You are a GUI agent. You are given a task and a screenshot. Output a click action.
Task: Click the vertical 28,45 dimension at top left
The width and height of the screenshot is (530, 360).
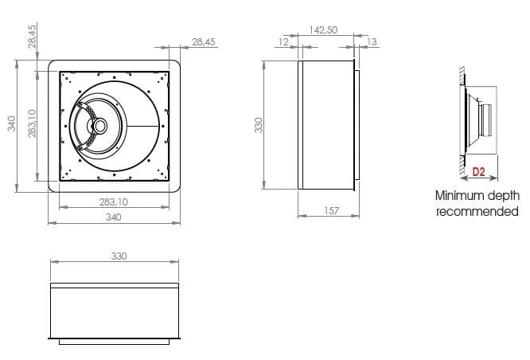[x=32, y=37]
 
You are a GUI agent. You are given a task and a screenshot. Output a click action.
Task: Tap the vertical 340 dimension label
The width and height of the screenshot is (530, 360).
[x=11, y=124]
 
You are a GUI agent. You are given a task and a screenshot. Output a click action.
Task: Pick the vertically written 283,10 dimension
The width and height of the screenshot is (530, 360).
[x=31, y=124]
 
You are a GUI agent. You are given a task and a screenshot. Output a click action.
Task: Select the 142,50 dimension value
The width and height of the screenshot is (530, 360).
[x=323, y=29]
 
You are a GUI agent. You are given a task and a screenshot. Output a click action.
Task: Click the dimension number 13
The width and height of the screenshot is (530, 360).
[x=372, y=41]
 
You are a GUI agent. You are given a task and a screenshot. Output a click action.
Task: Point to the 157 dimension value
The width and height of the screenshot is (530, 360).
[x=332, y=210]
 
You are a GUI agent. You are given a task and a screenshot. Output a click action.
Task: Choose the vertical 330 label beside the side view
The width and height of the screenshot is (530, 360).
[x=258, y=125]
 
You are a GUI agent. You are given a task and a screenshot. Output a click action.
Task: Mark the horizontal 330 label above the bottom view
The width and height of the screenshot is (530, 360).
[x=118, y=256]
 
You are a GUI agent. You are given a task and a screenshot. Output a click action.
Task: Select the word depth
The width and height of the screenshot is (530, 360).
[x=502, y=195]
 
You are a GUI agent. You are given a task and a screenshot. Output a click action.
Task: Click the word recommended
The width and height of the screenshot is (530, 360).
[x=477, y=211]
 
